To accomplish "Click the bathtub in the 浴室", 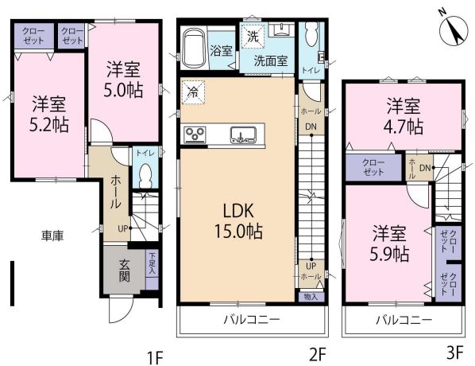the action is (x=194, y=48).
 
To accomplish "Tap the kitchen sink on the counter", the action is (x=243, y=135).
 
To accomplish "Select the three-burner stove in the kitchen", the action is (x=195, y=134).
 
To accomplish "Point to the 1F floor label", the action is (x=155, y=357).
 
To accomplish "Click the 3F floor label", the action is (x=455, y=353).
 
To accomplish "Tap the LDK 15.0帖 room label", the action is (x=238, y=221).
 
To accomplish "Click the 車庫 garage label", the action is (x=52, y=236).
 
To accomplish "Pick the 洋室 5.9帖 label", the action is (x=389, y=243).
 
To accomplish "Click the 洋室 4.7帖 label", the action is (x=404, y=116).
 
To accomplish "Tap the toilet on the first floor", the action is (x=145, y=176).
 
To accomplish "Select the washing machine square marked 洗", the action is (x=253, y=36).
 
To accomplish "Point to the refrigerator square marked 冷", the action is (x=193, y=92).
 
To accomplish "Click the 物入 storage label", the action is (x=311, y=297).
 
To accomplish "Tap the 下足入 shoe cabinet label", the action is (x=152, y=263).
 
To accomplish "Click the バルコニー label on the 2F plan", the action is (x=252, y=319).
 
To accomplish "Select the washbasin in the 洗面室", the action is (x=282, y=29).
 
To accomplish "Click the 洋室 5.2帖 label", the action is (x=48, y=114).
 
